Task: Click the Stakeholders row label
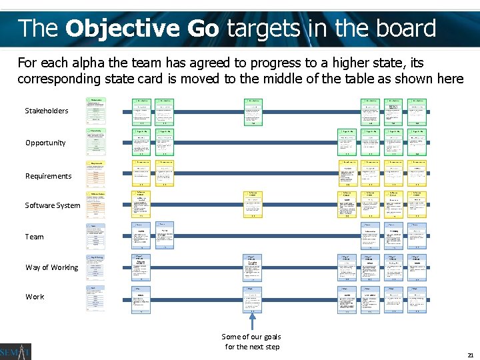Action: point(47,111)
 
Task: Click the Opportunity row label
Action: point(45,143)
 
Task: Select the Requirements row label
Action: point(48,176)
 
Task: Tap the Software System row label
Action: point(53,205)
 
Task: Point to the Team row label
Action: point(35,237)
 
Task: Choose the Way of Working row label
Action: point(51,267)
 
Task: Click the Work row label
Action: point(35,297)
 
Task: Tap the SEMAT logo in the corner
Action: point(15,351)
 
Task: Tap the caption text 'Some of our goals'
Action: point(251,337)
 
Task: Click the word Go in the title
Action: point(205,29)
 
